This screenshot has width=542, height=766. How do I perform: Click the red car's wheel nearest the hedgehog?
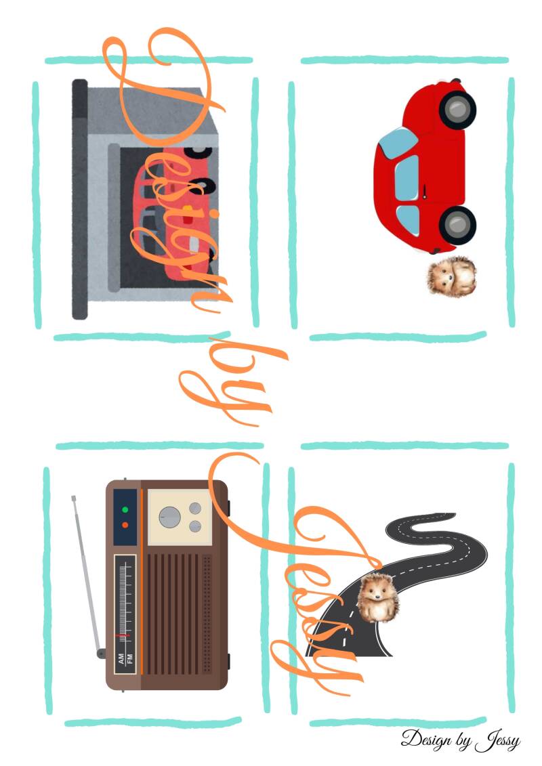(x=457, y=225)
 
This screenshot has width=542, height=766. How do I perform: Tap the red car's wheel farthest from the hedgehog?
(x=457, y=110)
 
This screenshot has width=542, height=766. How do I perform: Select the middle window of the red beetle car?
(x=407, y=178)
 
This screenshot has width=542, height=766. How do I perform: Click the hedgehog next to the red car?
(x=451, y=276)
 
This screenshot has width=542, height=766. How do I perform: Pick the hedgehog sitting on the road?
(x=377, y=599)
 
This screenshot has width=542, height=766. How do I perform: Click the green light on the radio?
(x=125, y=509)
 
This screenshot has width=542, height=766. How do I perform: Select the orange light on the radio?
(x=125, y=525)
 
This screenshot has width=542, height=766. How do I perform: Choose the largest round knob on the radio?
(x=169, y=517)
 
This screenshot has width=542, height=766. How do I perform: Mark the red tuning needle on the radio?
(x=122, y=635)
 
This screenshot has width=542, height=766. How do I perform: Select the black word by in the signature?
(x=463, y=741)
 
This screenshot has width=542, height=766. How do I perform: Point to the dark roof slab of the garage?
(x=80, y=199)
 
